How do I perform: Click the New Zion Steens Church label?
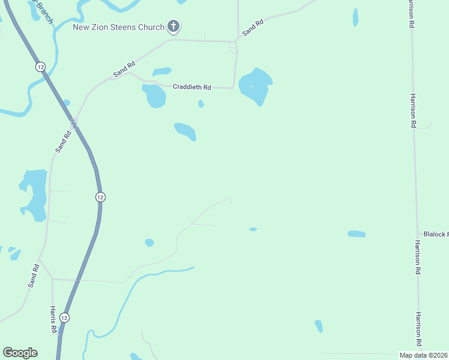point(118,27)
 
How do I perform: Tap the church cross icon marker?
point(173,26)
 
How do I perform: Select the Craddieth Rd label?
point(192,87)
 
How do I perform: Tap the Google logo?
point(20,353)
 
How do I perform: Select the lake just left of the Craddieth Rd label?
point(154,95)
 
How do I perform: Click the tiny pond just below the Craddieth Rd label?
point(201,104)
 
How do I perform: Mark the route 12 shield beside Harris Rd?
point(65,317)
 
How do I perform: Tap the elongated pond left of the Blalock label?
point(357,234)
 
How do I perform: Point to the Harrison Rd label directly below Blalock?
point(417,257)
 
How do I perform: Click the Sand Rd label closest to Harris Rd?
point(34,276)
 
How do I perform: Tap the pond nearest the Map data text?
point(319,326)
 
